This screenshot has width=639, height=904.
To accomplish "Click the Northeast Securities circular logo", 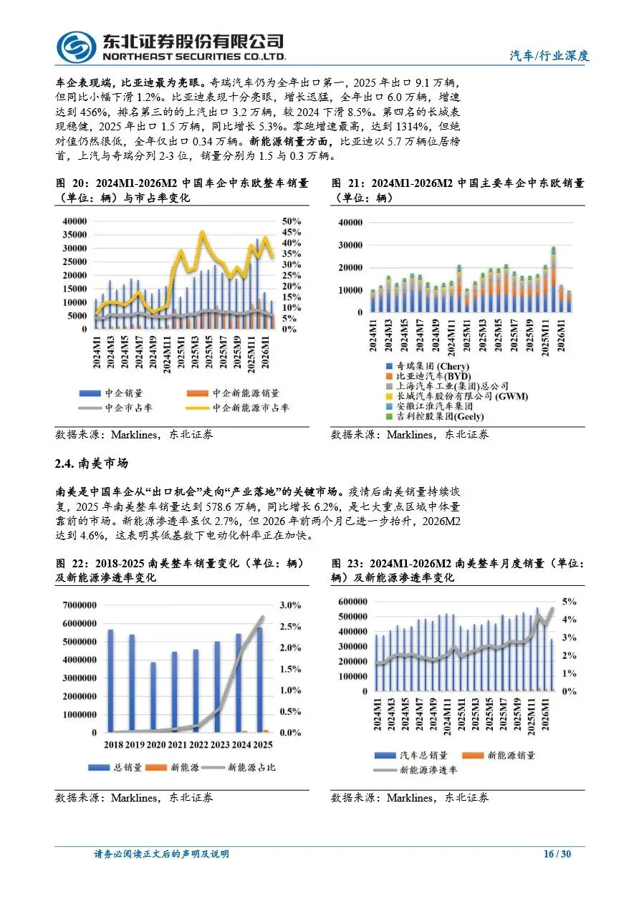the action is tap(76, 47).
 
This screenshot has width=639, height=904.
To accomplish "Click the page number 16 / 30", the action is tap(557, 854).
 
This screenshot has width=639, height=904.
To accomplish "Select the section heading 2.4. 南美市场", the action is tap(92, 463).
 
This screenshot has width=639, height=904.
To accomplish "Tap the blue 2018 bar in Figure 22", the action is tap(110, 681).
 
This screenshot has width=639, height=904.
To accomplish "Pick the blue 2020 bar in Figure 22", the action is tap(153, 697).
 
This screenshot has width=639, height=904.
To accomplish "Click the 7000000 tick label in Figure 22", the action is tap(80, 605).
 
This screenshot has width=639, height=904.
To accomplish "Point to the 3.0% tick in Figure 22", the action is tap(290, 605).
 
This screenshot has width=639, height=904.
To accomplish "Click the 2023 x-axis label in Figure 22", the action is tap(220, 744).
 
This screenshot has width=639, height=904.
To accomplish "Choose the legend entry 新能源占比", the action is tap(239, 767).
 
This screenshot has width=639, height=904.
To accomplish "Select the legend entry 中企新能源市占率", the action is tap(237, 408).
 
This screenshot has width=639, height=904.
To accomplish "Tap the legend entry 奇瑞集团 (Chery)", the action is tap(428, 366).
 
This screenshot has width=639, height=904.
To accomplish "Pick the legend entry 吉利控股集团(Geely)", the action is tap(435, 416).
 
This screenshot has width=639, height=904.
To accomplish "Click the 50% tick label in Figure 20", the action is tap(291, 221).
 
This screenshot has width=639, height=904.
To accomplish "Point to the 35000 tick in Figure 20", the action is tap(75, 234).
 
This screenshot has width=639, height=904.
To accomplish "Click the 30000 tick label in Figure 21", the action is tap(350, 245).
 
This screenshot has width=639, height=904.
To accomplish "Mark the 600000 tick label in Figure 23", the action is tap(352, 601).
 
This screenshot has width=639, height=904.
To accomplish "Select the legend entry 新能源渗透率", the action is tap(415, 770).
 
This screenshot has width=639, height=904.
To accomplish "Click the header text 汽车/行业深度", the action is tap(549, 55).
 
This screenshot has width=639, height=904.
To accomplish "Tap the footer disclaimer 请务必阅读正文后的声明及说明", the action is tap(161, 854).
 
